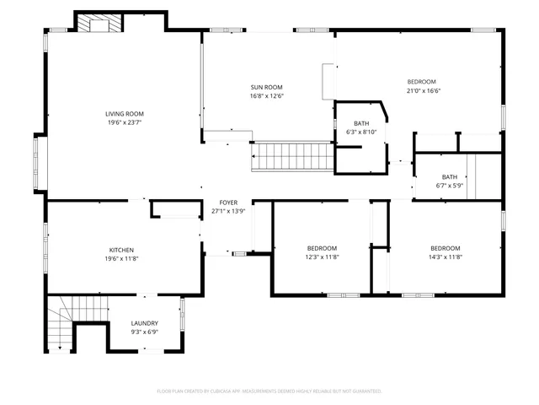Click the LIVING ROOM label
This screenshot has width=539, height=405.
[x=125, y=114]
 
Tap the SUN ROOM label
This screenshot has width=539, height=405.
[x=266, y=87]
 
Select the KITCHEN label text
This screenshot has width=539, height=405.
[x=121, y=250]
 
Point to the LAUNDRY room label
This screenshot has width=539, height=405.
[x=144, y=323]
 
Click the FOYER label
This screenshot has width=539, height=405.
[x=227, y=202]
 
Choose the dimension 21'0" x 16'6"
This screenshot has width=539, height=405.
[x=424, y=91]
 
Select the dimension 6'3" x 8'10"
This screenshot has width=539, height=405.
[x=361, y=132]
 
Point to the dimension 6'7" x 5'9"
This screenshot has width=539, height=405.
[x=450, y=186]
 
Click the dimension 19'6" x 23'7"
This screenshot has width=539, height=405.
[x=125, y=123]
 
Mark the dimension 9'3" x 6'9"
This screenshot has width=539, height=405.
[x=144, y=332]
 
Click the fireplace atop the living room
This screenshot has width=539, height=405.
[x=99, y=24]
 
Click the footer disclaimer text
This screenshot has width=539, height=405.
[x=269, y=391]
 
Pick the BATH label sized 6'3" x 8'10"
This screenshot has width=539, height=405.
[x=361, y=124]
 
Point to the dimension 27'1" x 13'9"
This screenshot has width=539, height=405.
[x=227, y=211]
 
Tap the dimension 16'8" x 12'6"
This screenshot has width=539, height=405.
[x=266, y=96]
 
